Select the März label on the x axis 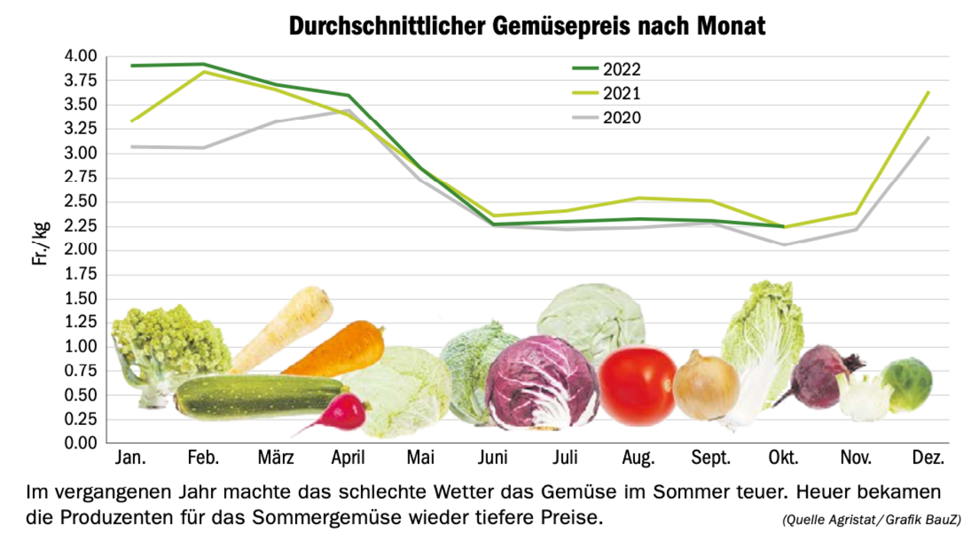coord(276,458)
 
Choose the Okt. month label coord(783,458)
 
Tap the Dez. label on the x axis coord(929,458)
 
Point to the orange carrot coord(337,351)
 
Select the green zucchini coord(256,396)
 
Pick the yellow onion coord(705,387)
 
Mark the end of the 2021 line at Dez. coord(929,92)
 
